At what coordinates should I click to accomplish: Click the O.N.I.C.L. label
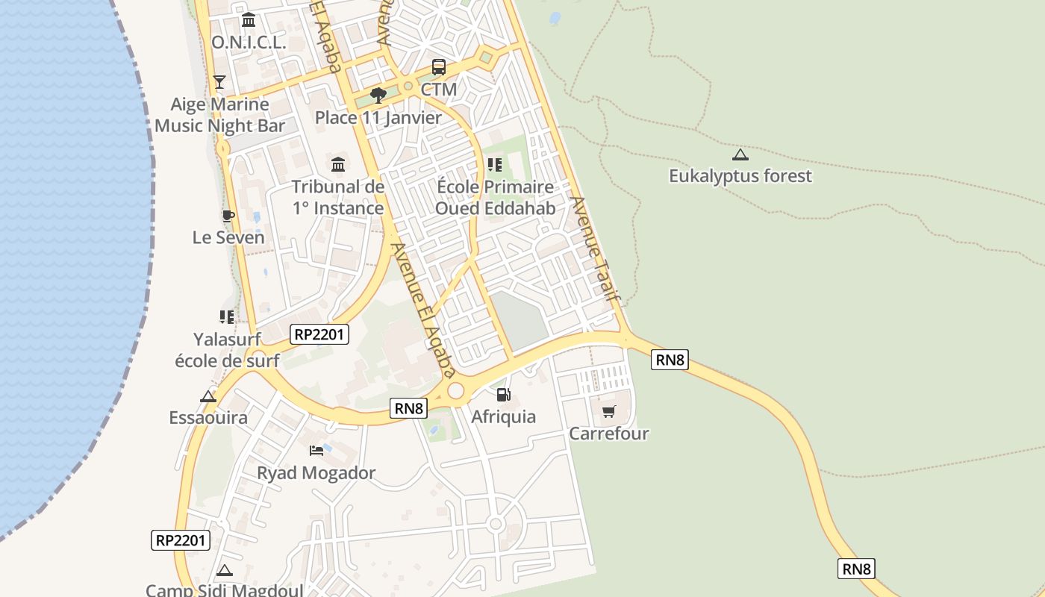pos(249,43)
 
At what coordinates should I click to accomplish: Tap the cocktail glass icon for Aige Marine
pos(219,81)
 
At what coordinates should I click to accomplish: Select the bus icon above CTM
pos(439,67)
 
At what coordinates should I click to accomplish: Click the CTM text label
pos(439,90)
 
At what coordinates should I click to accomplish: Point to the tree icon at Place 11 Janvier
pos(378,95)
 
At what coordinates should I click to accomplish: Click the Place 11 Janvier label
pos(378,117)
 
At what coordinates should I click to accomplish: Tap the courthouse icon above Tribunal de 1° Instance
pos(338,164)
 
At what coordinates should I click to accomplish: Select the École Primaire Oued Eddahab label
pos(495,197)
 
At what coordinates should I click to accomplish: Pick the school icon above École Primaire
pos(494,164)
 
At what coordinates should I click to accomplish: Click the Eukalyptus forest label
pos(740,176)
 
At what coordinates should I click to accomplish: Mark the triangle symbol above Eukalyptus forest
pos(740,155)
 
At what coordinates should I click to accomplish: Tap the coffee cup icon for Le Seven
pos(228,216)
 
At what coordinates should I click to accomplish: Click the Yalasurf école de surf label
pos(227,350)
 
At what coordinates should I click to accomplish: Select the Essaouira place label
pos(208,417)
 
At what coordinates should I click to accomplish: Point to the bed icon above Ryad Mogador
pos(316,451)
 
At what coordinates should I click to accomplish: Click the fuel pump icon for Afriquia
pos(504,394)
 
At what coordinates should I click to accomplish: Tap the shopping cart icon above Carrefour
pos(609,411)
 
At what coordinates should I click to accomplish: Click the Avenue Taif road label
pos(596,248)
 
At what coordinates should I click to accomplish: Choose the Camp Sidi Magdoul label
pos(224,590)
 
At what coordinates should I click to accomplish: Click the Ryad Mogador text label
pos(316,472)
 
